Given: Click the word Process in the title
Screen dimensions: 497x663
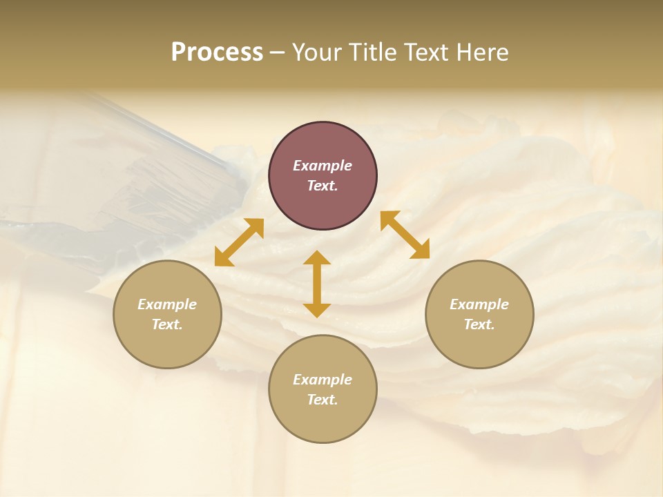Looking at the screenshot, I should click(217, 52).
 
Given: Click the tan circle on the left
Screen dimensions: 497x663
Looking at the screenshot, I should click(167, 314).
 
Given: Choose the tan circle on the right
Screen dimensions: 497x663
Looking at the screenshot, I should click(479, 314).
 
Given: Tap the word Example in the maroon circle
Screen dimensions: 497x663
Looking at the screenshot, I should click(323, 166).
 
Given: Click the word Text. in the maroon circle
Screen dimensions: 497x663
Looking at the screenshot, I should click(323, 186).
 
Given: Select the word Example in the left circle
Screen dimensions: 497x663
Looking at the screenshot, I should click(167, 304).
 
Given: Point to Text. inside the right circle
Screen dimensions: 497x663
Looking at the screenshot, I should click(479, 324).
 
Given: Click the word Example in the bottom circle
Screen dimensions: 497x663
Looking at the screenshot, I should click(323, 380).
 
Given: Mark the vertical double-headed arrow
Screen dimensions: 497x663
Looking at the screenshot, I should click(317, 284).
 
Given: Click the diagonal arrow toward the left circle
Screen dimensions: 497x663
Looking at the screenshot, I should click(239, 242).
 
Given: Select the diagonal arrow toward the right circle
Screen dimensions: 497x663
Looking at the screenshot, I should click(405, 235).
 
